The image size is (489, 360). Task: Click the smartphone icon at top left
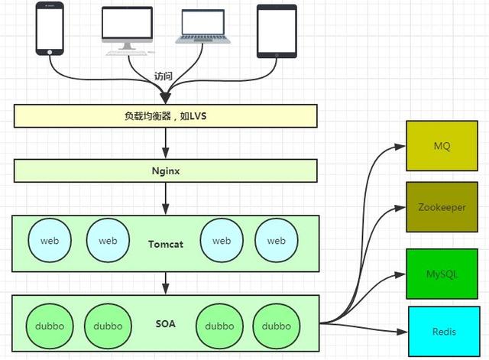coord(50,28)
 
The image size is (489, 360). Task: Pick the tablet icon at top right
coord(276,31)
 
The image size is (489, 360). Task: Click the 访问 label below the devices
coord(164,77)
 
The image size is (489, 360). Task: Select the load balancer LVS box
coord(165,116)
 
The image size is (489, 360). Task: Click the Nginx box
coord(165,170)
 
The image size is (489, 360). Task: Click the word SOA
coord(165,324)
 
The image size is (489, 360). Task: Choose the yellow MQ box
coord(442,145)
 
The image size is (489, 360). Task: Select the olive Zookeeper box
coord(442,207)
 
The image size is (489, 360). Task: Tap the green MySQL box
coord(442,274)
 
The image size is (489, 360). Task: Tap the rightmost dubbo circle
coord(275,326)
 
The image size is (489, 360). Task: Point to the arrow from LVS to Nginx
coord(165,143)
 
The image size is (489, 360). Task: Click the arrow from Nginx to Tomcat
coord(165,198)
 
